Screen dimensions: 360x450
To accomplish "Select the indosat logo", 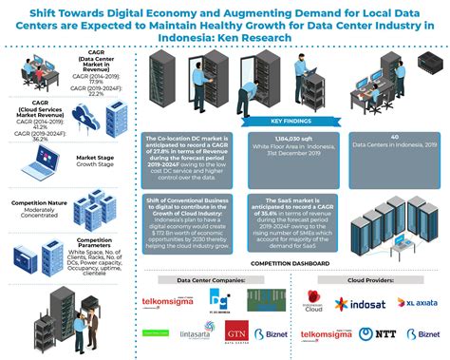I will [x=366, y=304].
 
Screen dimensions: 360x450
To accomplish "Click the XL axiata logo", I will [x=419, y=304].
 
